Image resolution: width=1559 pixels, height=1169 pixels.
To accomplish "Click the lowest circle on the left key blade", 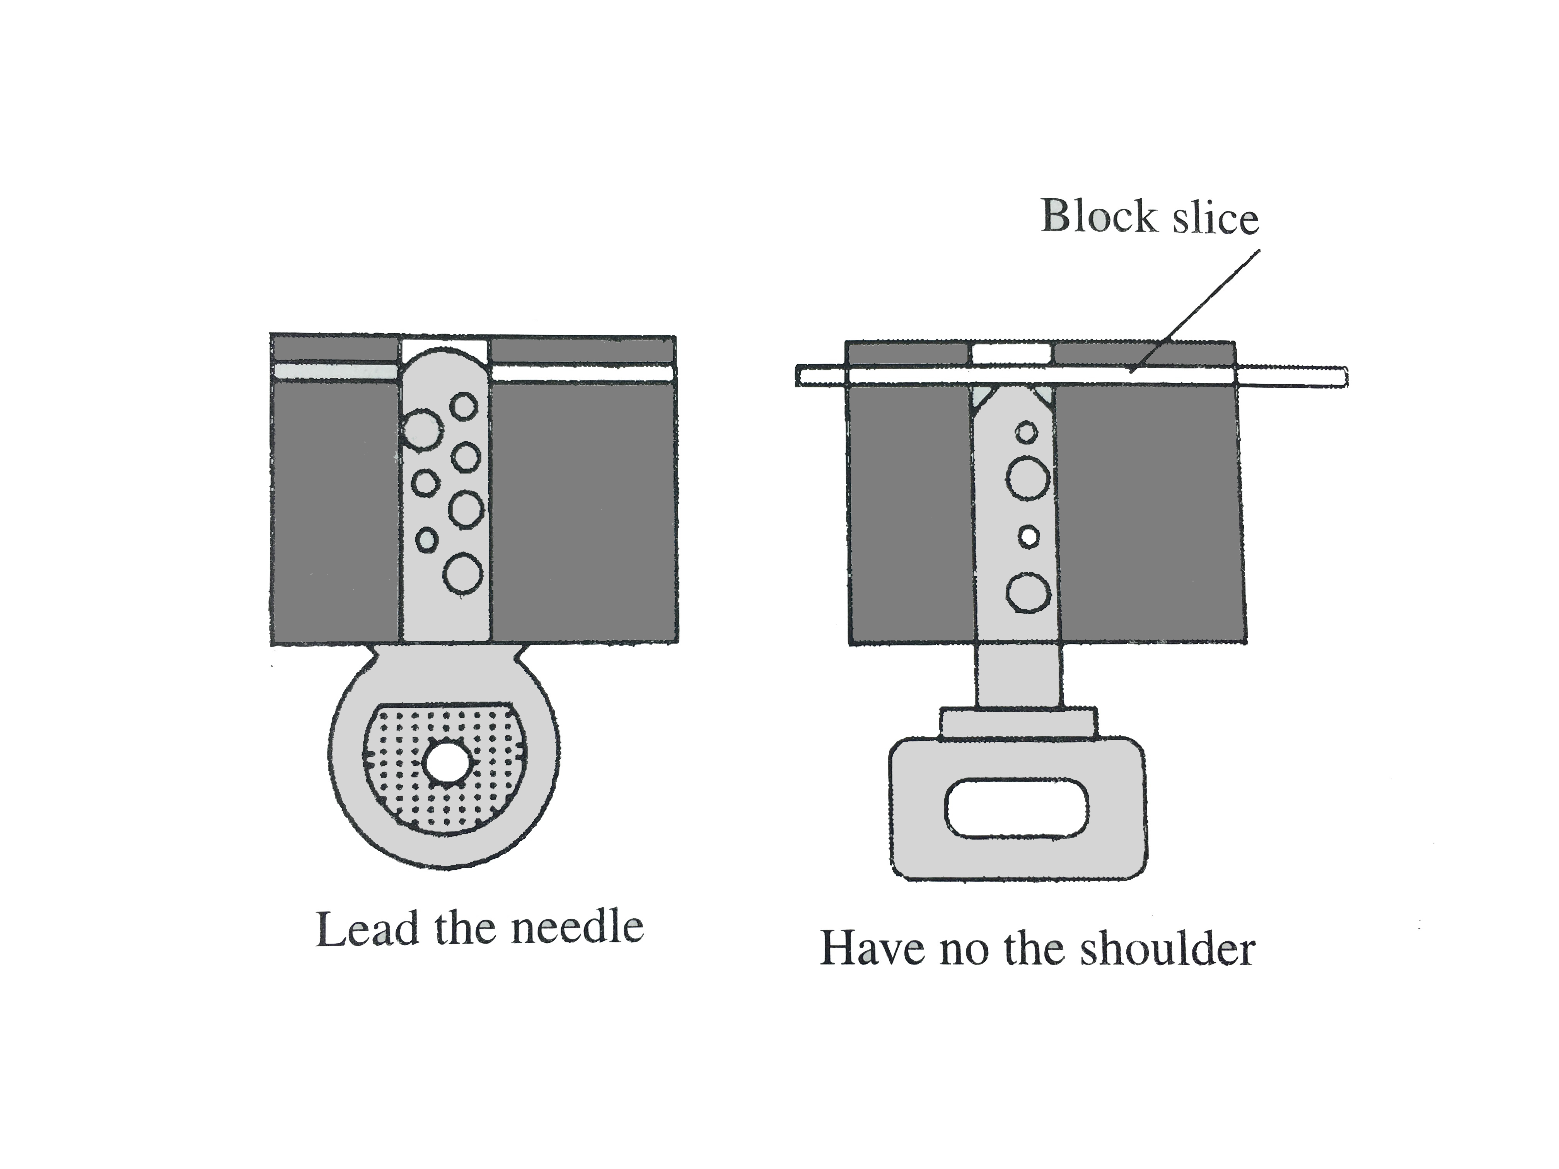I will point(463,573).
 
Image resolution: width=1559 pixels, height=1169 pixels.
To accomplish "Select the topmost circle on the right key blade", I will point(1027,432).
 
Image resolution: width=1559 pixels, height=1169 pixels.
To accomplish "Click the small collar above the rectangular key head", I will point(1018,724).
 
